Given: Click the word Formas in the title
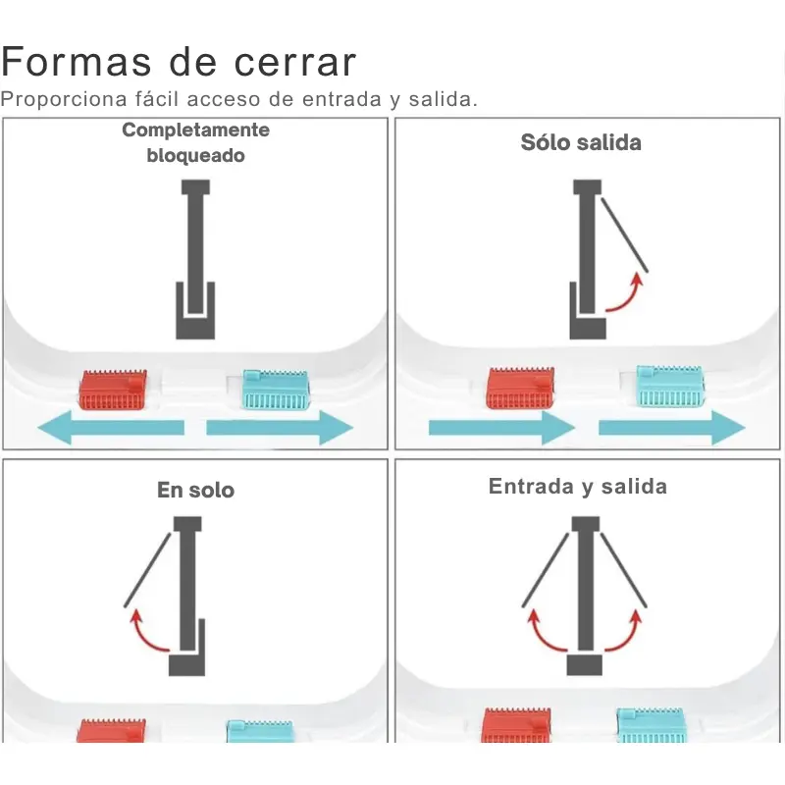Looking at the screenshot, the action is pyautogui.click(x=77, y=62).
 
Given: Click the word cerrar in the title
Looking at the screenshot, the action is pyautogui.click(x=295, y=63).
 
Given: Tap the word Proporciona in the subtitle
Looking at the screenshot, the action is pyautogui.click(x=64, y=100).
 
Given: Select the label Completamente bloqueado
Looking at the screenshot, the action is pyautogui.click(x=195, y=142).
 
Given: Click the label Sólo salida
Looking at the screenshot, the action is pyautogui.click(x=581, y=142).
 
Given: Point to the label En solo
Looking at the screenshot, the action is pyautogui.click(x=195, y=490).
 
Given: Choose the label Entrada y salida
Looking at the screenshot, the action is pyautogui.click(x=578, y=487).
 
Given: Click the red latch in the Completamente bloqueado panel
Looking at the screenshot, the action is pyautogui.click(x=113, y=390).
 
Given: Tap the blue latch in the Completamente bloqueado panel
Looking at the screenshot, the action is pyautogui.click(x=276, y=390).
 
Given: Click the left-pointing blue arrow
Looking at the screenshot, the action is pyautogui.click(x=111, y=428).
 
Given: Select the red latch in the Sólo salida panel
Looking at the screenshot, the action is pyautogui.click(x=520, y=388).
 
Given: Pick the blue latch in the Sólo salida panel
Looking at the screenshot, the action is pyautogui.click(x=670, y=386).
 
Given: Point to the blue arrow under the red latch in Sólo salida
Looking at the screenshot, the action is pyautogui.click(x=501, y=428).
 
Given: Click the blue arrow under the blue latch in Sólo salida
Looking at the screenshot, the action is pyautogui.click(x=672, y=428).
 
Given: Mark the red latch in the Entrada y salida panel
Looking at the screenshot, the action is pyautogui.click(x=516, y=725).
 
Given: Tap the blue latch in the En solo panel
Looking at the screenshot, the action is pyautogui.click(x=260, y=731).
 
